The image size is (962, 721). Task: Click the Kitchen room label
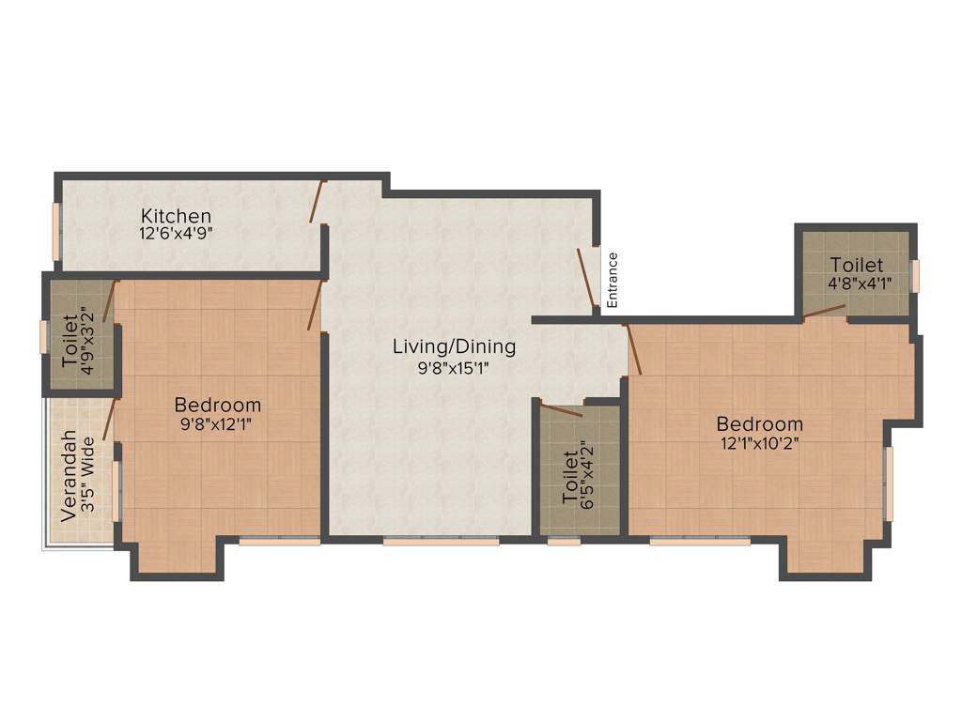(176, 216)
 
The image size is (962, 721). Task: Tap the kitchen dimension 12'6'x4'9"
(176, 234)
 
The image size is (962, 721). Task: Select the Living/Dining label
(454, 346)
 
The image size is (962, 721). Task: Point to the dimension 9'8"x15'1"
(454, 368)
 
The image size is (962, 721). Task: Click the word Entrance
(613, 280)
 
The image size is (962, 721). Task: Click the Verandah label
(68, 476)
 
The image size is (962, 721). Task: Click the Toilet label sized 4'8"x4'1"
(856, 265)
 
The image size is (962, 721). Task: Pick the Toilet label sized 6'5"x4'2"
(569, 477)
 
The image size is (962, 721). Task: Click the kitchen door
(318, 201)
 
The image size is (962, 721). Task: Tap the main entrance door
(587, 278)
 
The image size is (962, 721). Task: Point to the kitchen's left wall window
(55, 230)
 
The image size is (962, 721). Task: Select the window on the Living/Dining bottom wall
(441, 541)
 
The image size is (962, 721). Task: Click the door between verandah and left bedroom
(108, 419)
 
